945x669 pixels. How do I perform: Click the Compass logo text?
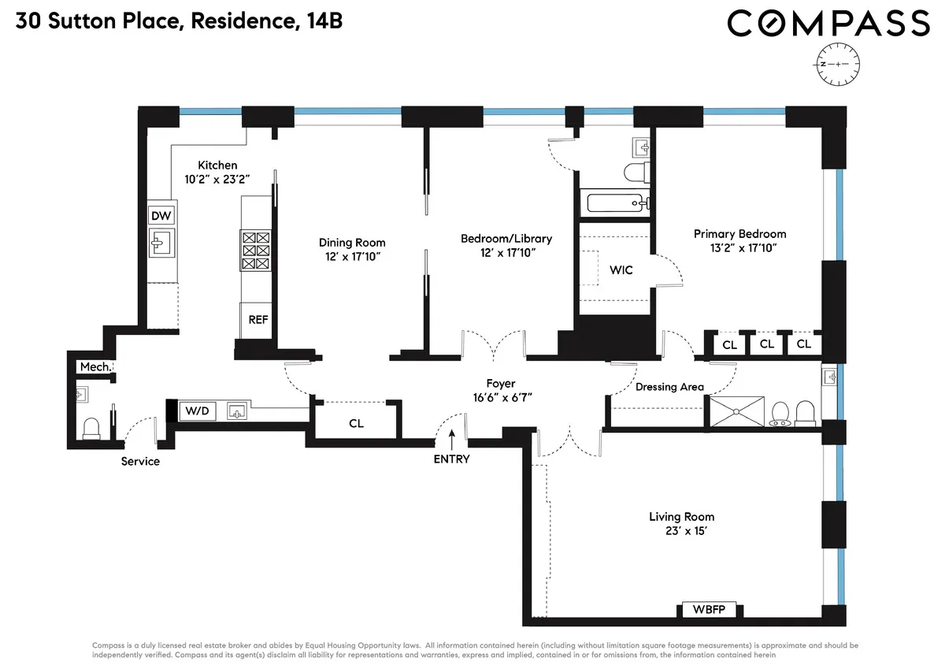pyautogui.click(x=828, y=24)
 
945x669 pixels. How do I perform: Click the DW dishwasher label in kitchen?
pyautogui.click(x=161, y=216)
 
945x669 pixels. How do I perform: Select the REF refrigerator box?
pyautogui.click(x=258, y=320)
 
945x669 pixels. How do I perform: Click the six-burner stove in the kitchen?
pyautogui.click(x=257, y=251)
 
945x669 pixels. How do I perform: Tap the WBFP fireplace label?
pyautogui.click(x=709, y=610)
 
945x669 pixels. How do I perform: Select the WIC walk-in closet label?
pyautogui.click(x=621, y=269)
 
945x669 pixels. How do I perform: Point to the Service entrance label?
pyautogui.click(x=140, y=461)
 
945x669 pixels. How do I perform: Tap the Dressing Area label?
pyautogui.click(x=669, y=387)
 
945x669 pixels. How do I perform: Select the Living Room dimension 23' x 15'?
pyautogui.click(x=681, y=531)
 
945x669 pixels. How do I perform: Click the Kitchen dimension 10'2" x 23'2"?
pyautogui.click(x=217, y=179)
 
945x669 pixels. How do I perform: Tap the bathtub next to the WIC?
pyautogui.click(x=613, y=203)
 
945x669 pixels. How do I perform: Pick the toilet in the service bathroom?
pyautogui.click(x=91, y=426)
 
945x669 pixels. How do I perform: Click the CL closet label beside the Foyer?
pyautogui.click(x=356, y=423)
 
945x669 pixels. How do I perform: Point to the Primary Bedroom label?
pyautogui.click(x=739, y=234)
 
